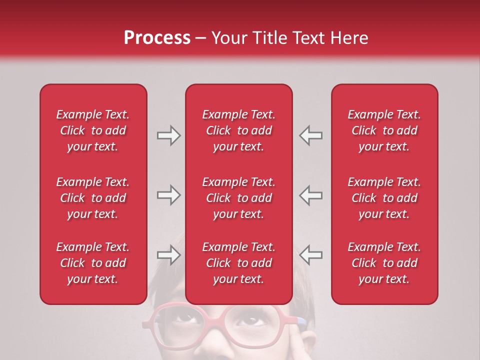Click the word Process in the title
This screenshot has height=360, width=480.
(x=157, y=38)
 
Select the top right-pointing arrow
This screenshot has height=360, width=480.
(x=168, y=135)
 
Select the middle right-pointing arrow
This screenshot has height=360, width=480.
(x=168, y=195)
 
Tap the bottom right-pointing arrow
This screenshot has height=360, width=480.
(x=168, y=255)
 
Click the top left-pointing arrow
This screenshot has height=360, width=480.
(x=311, y=135)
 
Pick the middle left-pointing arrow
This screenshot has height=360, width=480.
(x=311, y=195)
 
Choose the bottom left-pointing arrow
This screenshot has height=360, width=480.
(x=311, y=255)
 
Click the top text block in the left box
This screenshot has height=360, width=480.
(x=93, y=130)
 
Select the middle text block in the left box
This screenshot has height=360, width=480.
(x=93, y=198)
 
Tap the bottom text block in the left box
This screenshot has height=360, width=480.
(x=93, y=263)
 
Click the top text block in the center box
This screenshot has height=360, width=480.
(x=239, y=130)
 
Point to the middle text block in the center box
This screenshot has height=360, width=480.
(x=239, y=198)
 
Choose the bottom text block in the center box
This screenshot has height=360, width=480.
(x=239, y=263)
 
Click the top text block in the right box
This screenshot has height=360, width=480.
(x=384, y=130)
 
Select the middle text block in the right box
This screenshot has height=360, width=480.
(x=384, y=198)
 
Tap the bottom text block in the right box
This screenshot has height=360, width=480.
(x=384, y=263)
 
